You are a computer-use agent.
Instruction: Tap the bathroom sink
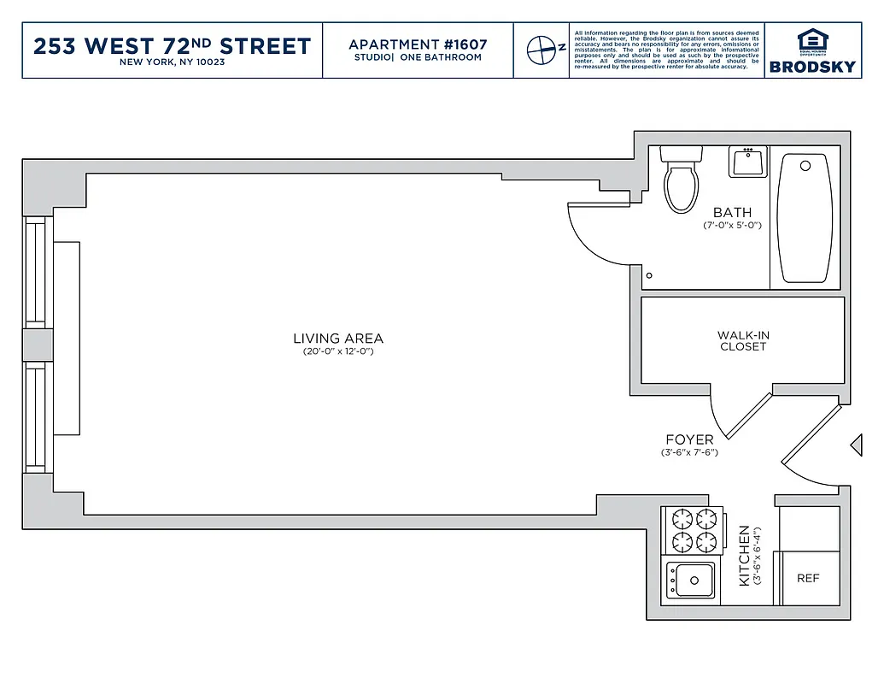pyautogui.click(x=749, y=162)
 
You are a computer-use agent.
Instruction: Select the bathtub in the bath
pyautogui.click(x=805, y=219)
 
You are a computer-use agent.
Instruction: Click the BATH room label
pyautogui.click(x=732, y=212)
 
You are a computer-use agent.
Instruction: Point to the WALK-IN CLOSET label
pyautogui.click(x=743, y=341)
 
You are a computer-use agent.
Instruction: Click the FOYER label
pyautogui.click(x=689, y=440)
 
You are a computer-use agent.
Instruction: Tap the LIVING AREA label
pyautogui.click(x=338, y=339)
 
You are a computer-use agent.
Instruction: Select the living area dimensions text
pyautogui.click(x=338, y=351)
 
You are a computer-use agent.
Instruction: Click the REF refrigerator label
pyautogui.click(x=808, y=579)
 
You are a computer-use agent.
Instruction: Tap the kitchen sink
pyautogui.click(x=692, y=581)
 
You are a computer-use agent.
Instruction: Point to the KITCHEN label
pyautogui.click(x=744, y=556)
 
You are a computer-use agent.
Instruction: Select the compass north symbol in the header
pyautogui.click(x=541, y=50)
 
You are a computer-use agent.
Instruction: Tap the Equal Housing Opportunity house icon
pyautogui.click(x=811, y=39)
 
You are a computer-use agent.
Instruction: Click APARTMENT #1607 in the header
pyautogui.click(x=418, y=44)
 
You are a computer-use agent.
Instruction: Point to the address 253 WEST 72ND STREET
pyautogui.click(x=172, y=45)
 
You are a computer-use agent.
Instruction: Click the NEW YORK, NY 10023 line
pyautogui.click(x=172, y=62)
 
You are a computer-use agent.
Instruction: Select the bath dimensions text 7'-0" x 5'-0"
pyautogui.click(x=732, y=226)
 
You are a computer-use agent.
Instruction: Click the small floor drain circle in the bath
pyautogui.click(x=649, y=275)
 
